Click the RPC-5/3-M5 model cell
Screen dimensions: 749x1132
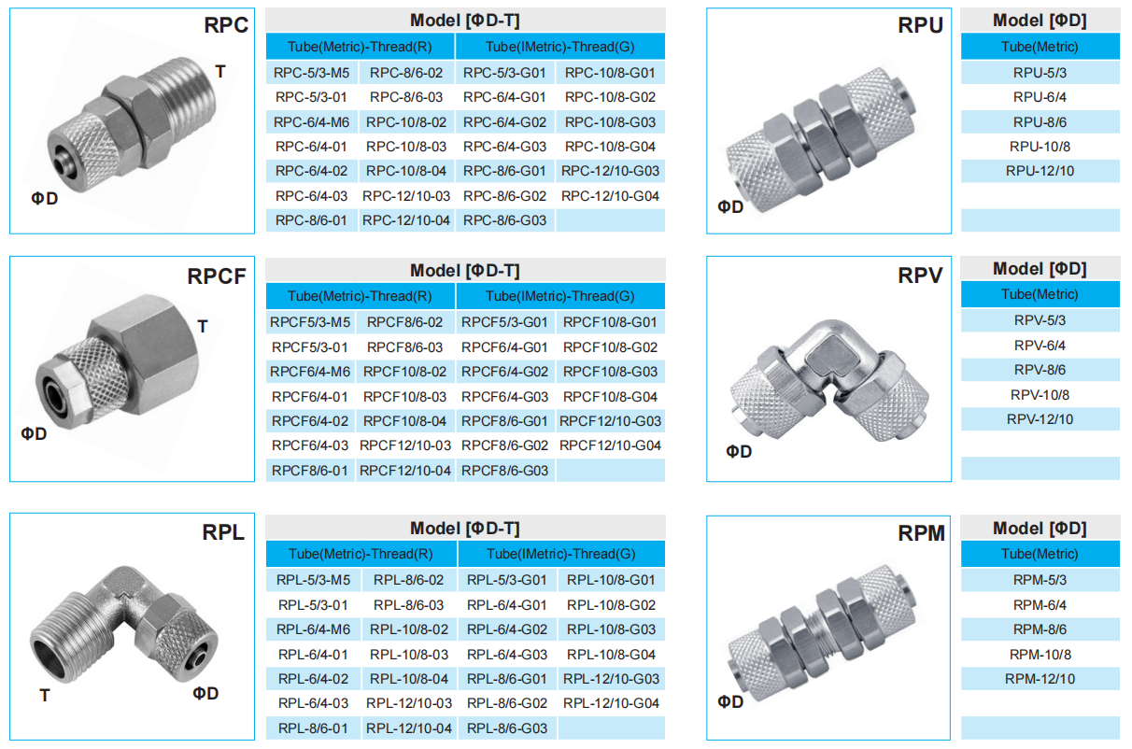click(312, 72)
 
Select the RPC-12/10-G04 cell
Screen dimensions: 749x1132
click(610, 196)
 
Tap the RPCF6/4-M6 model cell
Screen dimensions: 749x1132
click(310, 372)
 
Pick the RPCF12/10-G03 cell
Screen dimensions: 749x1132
click(610, 421)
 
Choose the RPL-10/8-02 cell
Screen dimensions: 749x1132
click(408, 629)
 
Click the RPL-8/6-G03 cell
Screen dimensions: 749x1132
click(507, 728)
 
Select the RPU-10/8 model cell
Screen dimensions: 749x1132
click(1040, 147)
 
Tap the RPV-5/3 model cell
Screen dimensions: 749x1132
click(1040, 320)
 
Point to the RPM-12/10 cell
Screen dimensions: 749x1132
click(1040, 679)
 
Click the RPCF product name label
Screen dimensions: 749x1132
click(217, 276)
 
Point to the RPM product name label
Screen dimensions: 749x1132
click(921, 533)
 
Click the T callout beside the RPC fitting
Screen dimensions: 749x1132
click(220, 72)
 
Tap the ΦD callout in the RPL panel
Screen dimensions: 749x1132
click(205, 693)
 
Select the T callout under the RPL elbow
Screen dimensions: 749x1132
click(44, 695)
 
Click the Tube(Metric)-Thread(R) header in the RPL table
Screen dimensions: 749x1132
click(361, 554)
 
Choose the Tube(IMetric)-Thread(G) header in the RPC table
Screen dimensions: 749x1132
click(559, 47)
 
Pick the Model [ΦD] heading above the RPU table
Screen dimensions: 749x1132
click(1040, 21)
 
